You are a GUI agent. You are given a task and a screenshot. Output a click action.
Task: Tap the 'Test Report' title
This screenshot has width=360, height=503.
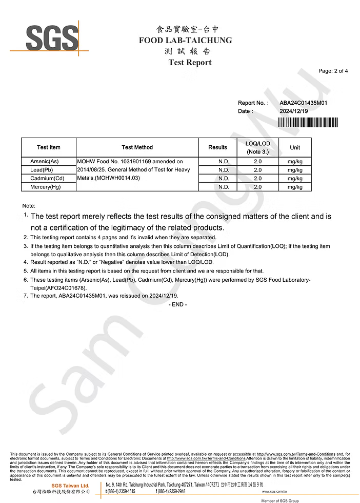[190, 63]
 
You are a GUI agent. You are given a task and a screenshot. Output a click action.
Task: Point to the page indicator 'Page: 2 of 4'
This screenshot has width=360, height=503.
[333, 71]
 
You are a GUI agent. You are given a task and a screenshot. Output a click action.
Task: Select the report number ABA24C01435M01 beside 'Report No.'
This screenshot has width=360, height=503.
[304, 103]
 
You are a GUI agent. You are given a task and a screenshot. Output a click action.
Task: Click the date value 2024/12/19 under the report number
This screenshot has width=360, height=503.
[293, 111]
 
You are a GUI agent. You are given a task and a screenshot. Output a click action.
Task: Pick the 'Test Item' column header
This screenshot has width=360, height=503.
[48, 147]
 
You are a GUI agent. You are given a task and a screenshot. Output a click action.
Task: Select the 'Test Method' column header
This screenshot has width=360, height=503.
[137, 147]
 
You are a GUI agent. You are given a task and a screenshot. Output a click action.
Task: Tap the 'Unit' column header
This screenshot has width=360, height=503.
[295, 147]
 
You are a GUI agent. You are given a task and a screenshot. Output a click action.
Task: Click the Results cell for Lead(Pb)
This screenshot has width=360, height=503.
[224, 170]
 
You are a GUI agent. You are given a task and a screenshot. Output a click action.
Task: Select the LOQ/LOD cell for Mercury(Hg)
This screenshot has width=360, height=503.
[257, 187]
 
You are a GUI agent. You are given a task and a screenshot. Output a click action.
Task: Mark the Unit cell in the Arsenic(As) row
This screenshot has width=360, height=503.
[295, 161]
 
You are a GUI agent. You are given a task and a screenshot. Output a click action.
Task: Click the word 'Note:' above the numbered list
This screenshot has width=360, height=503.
[29, 205]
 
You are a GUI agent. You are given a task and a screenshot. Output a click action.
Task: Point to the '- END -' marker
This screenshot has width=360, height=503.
[177, 304]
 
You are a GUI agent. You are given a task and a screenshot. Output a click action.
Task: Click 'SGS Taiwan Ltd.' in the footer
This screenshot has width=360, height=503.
[70, 486]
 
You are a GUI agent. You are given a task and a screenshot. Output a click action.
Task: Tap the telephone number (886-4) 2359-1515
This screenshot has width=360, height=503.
[121, 491]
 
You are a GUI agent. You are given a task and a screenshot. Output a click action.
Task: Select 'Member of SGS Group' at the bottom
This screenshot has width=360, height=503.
[279, 500]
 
